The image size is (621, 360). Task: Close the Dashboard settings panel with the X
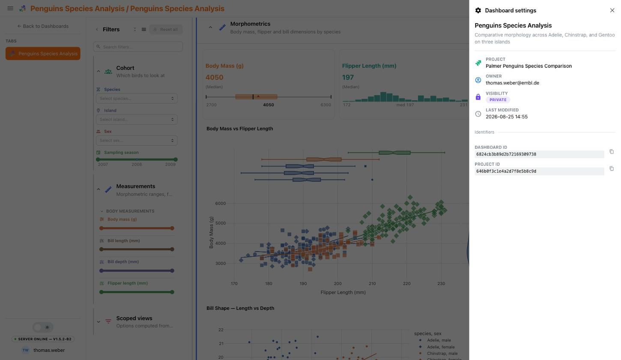click(612, 10)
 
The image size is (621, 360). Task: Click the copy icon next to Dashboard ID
click(611, 151)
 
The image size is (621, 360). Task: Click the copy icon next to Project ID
click(611, 168)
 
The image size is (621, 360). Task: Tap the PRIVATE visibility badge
click(498, 100)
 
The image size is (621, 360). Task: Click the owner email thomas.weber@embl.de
click(512, 83)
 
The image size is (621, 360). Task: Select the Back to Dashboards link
click(43, 26)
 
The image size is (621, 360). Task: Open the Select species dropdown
click(137, 99)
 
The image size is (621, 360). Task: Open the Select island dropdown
click(137, 120)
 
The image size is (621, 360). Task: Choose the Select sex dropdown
click(137, 141)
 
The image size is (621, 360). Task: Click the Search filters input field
click(138, 47)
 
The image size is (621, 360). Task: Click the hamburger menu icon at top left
click(10, 8)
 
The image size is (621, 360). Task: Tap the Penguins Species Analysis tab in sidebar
click(43, 54)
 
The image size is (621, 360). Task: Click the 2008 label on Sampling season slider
click(137, 165)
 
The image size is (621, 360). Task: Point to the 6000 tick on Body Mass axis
click(221, 203)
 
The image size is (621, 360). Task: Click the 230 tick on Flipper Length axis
click(441, 283)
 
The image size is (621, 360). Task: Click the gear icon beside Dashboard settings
click(478, 11)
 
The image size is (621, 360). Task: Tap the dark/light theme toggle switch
click(43, 327)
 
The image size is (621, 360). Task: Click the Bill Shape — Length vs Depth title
click(240, 308)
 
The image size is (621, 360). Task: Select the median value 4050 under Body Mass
click(214, 78)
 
